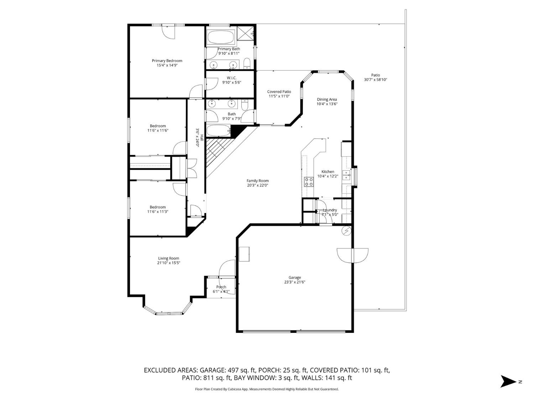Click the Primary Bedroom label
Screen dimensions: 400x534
(x=167, y=61)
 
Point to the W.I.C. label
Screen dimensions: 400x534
(x=232, y=78)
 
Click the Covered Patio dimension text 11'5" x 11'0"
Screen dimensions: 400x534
(x=279, y=96)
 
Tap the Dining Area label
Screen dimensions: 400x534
(x=327, y=100)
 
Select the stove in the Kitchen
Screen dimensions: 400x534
(x=309, y=182)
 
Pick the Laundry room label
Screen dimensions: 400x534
(x=330, y=210)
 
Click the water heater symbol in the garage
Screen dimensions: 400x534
(x=346, y=231)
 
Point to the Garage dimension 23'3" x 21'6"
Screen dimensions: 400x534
(x=294, y=282)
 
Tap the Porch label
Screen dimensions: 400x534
(x=221, y=287)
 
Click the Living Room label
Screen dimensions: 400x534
(x=169, y=258)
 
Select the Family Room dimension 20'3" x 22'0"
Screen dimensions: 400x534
(x=257, y=185)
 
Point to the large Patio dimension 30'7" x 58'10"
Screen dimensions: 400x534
(x=376, y=80)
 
